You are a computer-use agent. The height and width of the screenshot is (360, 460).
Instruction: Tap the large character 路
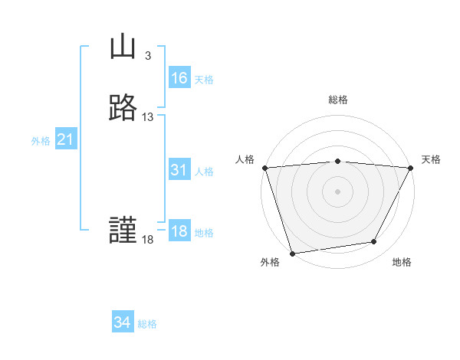[x=123, y=108]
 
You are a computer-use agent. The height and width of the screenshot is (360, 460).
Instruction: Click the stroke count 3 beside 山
[x=147, y=56]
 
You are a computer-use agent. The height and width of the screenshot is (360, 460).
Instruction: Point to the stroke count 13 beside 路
[x=148, y=116]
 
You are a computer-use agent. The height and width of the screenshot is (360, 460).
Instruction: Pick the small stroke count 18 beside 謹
[x=147, y=240]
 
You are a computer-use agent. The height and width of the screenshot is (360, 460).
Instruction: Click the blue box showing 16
[x=179, y=78]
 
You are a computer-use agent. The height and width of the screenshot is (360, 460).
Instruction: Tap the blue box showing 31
[x=179, y=171]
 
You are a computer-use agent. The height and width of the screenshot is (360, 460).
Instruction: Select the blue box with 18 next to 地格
[x=179, y=232]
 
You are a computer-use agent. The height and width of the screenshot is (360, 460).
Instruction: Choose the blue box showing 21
[x=65, y=140]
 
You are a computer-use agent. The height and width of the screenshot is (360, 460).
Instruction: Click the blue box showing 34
[x=122, y=323]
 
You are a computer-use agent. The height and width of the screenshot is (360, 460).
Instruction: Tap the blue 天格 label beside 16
[x=204, y=80]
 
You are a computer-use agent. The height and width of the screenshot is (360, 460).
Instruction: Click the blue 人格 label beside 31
[x=204, y=172]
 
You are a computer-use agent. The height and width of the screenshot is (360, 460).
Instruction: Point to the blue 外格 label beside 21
[x=41, y=141]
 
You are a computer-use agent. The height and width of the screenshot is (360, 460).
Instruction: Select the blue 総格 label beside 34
[x=147, y=324]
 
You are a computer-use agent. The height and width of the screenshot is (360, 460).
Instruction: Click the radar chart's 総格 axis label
[x=337, y=100]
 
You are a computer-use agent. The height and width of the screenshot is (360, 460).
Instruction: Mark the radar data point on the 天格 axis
[x=410, y=168]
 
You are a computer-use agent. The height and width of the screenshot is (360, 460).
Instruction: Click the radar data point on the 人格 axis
[x=264, y=168]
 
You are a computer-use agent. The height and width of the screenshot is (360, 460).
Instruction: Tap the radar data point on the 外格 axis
[x=292, y=253]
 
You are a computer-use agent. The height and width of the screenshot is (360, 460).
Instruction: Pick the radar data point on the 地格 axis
[x=374, y=242]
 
